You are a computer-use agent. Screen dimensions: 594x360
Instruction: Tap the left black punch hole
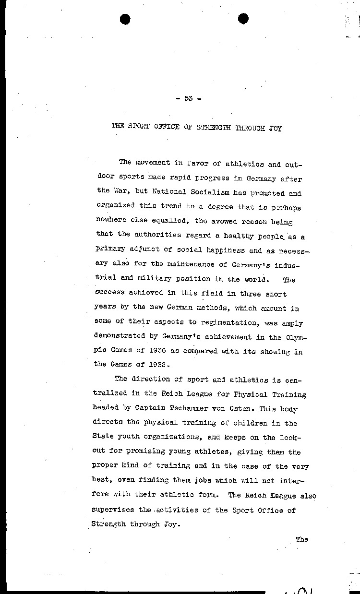click(126, 19)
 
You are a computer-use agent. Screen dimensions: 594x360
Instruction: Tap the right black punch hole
click(243, 19)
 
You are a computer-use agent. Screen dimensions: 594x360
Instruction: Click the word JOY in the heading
click(275, 128)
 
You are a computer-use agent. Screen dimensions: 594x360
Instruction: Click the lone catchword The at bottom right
click(301, 539)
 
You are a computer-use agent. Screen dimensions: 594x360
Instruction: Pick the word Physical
click(240, 395)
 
